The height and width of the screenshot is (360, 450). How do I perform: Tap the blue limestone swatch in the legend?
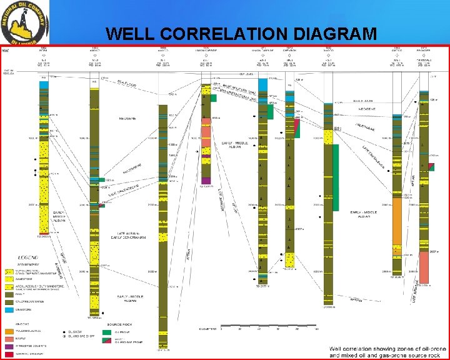pyautogui.click(x=9, y=309)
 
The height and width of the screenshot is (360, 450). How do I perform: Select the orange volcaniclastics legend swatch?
pyautogui.click(x=9, y=331)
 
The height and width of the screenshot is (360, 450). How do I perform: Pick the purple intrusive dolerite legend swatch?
pyautogui.click(x=9, y=346)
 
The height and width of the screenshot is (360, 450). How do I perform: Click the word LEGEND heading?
pyautogui.click(x=28, y=257)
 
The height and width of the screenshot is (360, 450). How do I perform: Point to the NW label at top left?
pyautogui.click(x=4, y=50)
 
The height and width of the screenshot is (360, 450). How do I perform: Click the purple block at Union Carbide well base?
pyautogui.click(x=206, y=181)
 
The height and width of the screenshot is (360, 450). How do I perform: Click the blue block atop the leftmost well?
pyautogui.click(x=43, y=85)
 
